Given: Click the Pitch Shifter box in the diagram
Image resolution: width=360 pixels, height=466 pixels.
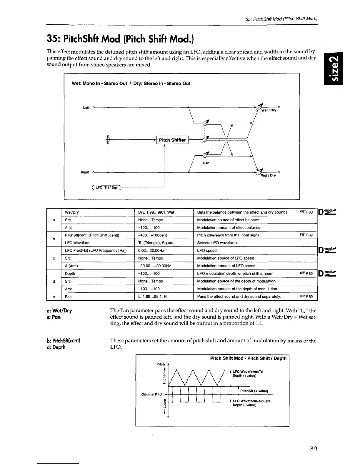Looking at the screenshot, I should (x=172, y=140).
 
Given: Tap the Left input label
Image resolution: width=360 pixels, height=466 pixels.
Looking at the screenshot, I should (x=86, y=108).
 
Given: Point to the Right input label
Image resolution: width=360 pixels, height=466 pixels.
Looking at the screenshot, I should (x=85, y=172).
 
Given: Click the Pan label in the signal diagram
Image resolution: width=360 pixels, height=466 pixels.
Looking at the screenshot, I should (x=206, y=163).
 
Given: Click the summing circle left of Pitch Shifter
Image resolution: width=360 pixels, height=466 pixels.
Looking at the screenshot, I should (x=108, y=140).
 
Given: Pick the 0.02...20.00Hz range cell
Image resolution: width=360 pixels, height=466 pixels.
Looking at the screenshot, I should (x=151, y=250).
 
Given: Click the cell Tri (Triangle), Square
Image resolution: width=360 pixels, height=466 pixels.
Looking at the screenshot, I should (x=156, y=243).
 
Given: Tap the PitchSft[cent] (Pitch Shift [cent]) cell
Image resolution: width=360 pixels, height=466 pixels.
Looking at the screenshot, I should (x=92, y=235).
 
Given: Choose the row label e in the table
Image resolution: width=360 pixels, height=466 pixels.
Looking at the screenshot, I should (x=54, y=297).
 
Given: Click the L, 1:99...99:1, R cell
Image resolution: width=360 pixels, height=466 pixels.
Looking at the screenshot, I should (x=152, y=297).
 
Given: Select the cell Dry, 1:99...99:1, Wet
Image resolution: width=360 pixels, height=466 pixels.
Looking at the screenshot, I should (x=156, y=212).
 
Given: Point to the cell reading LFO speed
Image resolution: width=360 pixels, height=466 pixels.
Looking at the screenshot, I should (x=207, y=250).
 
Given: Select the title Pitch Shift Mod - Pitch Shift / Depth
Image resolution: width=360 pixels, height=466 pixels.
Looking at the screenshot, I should (x=248, y=358).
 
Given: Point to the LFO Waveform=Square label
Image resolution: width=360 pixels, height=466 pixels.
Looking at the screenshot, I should (x=251, y=401).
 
